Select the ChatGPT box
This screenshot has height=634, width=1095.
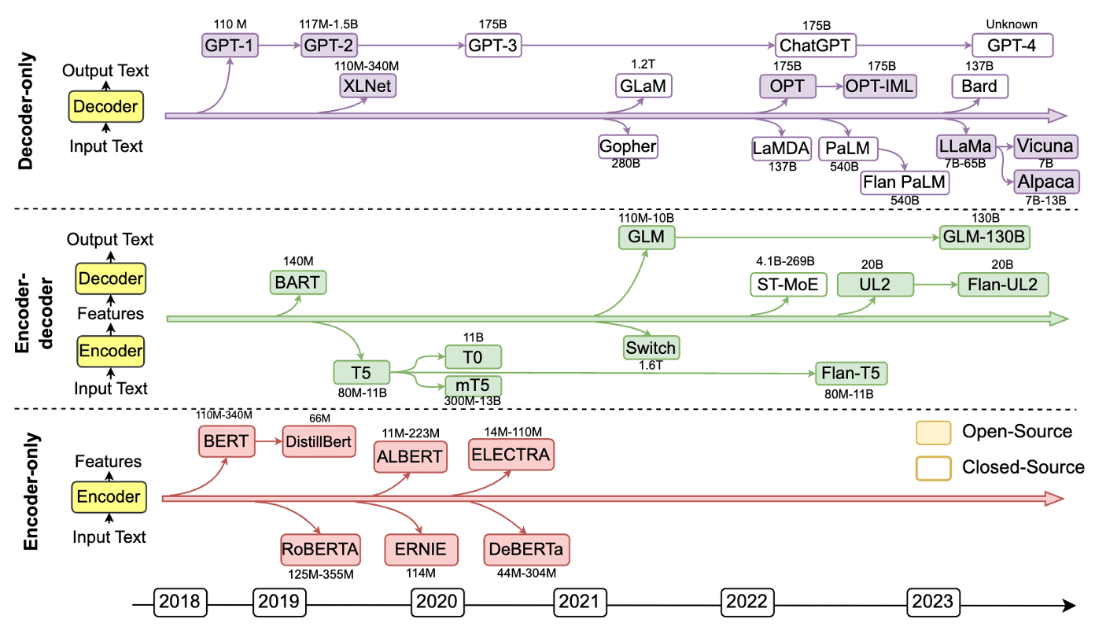coord(814,45)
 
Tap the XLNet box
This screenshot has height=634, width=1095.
coord(367,85)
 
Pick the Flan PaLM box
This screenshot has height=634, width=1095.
coord(905,182)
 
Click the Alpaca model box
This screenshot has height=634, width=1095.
coord(1046,181)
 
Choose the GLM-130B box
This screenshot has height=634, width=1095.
coord(985,237)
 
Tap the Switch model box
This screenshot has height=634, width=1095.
coord(651,347)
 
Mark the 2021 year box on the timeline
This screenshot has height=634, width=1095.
coord(581,603)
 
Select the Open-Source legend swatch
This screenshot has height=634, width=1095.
coord(933,432)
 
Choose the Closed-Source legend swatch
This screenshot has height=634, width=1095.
coord(933,468)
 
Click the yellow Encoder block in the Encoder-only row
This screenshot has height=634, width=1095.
coord(109,497)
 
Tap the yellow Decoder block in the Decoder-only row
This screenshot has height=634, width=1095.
coord(105,106)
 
